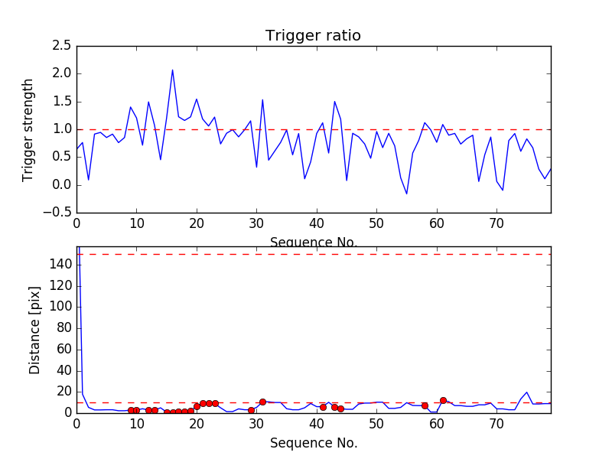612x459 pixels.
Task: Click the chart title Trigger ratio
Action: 313,36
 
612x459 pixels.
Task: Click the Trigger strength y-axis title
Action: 28,129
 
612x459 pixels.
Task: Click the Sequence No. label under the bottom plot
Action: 314,443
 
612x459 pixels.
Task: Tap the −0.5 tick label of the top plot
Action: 58,213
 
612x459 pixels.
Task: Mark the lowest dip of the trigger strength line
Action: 407,194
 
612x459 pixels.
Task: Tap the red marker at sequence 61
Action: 443,400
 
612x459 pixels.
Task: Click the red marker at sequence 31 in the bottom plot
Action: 262,402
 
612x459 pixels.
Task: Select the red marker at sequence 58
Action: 425,405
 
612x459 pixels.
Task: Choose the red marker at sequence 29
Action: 251,410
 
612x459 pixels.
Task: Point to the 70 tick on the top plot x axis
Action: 496,224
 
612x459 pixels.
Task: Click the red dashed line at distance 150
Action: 314,254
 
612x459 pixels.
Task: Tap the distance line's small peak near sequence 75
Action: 526,392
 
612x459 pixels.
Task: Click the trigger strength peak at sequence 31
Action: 262,99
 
